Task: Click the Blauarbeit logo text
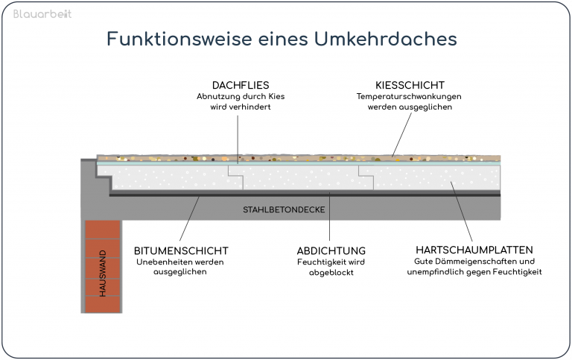42,14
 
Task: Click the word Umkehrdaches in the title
386,39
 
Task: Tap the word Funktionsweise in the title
179,39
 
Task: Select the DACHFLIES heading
241,85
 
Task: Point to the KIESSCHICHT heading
410,85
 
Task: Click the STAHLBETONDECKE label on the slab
284,209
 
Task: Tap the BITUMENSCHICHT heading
181,251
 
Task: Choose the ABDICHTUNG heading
331,251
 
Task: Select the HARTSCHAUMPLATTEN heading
474,250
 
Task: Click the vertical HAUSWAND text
103,273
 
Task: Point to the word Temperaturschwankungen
409,96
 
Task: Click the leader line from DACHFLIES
238,139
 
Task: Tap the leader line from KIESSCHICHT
401,135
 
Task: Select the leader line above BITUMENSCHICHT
189,218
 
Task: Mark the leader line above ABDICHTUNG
329,216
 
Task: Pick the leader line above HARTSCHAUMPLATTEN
462,212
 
